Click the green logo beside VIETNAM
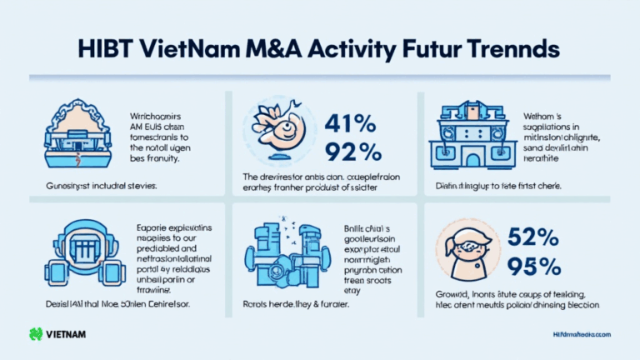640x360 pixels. [36, 334]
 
